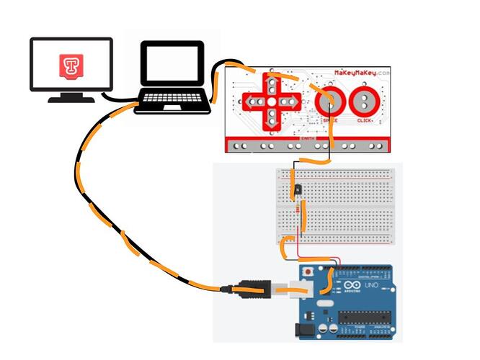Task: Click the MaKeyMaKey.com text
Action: [x=362, y=73]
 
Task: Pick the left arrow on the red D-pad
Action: [x=252, y=102]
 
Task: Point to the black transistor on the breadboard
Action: [x=298, y=189]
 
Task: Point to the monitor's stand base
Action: [x=71, y=99]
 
